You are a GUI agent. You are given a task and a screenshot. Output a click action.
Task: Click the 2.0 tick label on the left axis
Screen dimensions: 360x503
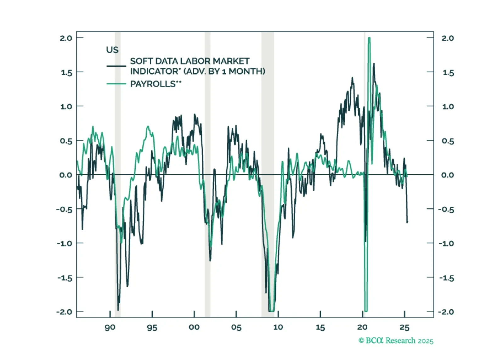tap(66, 38)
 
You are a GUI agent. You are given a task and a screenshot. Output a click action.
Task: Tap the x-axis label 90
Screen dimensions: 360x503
tap(110, 328)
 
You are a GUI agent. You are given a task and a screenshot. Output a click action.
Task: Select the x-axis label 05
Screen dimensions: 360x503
tap(236, 328)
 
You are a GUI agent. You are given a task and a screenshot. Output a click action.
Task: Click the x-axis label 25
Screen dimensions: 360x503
tap(404, 328)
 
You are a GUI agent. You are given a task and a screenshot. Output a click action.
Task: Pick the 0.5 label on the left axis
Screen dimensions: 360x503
tap(66, 141)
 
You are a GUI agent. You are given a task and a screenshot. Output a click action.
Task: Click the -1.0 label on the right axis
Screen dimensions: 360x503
tap(446, 243)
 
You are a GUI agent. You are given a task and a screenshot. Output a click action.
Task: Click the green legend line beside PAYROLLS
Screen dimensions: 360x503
tap(116, 84)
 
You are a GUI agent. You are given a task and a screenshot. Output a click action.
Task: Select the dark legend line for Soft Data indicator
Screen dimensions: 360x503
tap(116, 66)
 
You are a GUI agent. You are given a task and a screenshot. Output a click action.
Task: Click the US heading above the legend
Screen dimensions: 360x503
tap(112, 50)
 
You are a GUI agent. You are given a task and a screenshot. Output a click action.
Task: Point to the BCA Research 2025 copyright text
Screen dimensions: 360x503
tap(396, 340)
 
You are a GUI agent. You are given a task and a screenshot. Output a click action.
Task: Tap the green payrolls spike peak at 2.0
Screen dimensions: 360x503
tap(369, 38)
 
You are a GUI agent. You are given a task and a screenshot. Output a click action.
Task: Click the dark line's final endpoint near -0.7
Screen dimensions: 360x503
tap(407, 222)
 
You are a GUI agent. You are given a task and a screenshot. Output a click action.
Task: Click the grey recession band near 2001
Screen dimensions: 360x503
tap(207, 157)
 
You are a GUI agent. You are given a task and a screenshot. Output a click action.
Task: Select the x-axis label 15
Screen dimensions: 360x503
tap(320, 328)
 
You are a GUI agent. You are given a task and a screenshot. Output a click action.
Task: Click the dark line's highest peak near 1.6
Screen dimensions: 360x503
tap(374, 64)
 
